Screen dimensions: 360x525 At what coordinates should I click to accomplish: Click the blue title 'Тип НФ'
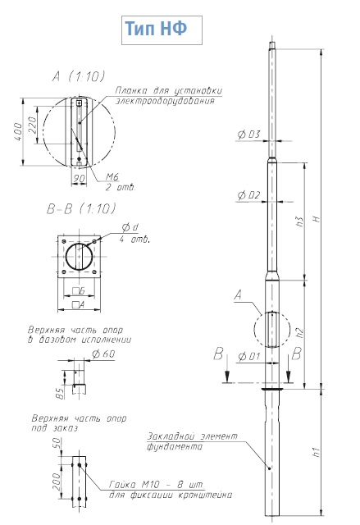tap(156, 29)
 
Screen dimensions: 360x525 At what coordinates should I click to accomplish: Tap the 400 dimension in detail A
tap(18, 132)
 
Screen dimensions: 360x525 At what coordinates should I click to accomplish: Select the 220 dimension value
tap(32, 126)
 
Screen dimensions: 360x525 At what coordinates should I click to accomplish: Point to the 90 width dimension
tap(79, 179)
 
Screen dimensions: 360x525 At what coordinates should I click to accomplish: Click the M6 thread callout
tap(112, 177)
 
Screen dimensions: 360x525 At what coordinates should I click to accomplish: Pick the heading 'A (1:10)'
tap(78, 76)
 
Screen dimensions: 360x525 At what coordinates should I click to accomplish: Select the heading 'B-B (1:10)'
tap(81, 209)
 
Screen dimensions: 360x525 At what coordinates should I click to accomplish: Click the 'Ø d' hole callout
tap(130, 228)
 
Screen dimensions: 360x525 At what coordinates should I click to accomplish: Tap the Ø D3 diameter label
tap(248, 135)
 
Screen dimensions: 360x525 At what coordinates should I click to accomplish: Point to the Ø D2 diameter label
tap(248, 195)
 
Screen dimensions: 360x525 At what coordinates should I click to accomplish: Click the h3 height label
tap(300, 221)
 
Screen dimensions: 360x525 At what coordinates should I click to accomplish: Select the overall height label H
tap(316, 219)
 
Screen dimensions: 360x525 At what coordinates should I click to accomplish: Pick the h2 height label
tap(300, 332)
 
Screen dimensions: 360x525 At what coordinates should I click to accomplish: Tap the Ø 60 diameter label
tap(103, 354)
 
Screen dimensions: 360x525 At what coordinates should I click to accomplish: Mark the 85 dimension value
tap(60, 393)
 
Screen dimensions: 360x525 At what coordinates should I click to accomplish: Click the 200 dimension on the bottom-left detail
tap(57, 482)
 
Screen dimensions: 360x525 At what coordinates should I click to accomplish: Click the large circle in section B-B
tap(80, 257)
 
